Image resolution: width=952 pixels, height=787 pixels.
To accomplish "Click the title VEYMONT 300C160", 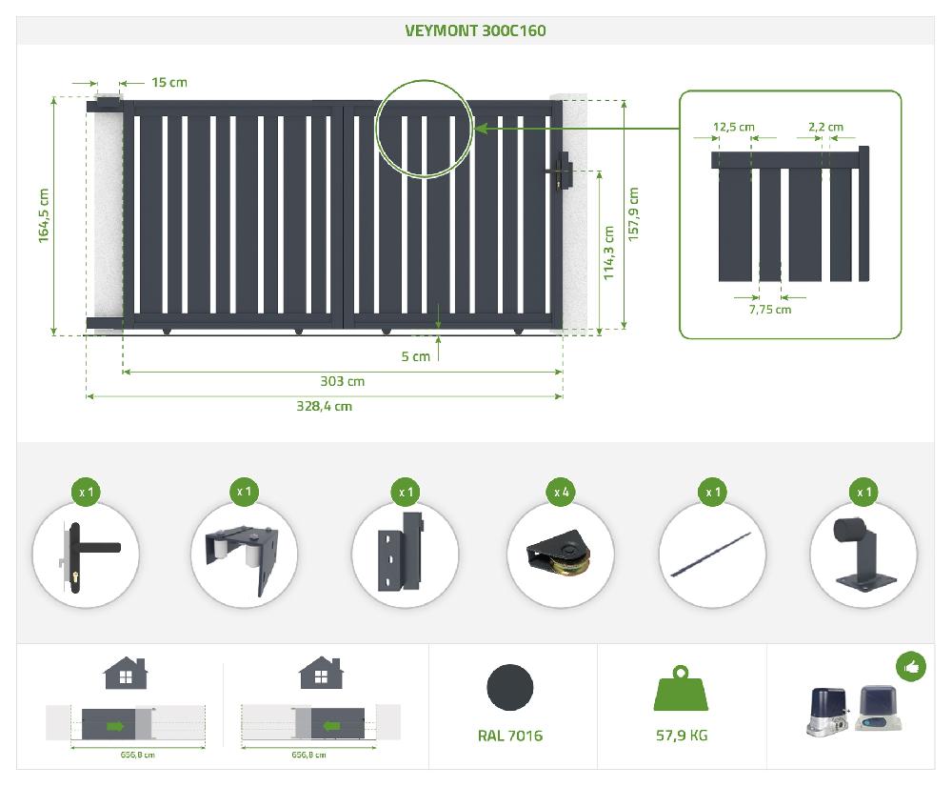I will (x=475, y=30).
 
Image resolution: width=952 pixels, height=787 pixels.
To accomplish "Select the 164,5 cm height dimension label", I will (x=44, y=215).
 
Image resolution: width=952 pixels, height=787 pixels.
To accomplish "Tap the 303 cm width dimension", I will (x=342, y=381).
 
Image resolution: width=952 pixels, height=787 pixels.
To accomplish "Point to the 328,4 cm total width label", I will (x=324, y=406).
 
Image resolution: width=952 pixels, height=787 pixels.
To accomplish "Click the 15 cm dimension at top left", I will (x=169, y=82).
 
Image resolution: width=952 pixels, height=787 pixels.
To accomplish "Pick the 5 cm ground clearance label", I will (x=415, y=356).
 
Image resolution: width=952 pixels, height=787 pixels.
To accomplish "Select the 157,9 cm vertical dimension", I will (x=634, y=214).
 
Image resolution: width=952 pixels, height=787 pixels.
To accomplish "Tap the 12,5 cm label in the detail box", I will (x=733, y=127).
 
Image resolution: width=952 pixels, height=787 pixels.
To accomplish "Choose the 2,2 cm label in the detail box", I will (x=824, y=127).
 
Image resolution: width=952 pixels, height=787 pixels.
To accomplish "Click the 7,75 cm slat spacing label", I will (x=770, y=310).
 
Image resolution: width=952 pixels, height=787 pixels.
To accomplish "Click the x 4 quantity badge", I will (x=562, y=493).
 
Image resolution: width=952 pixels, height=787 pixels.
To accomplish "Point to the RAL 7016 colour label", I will (x=510, y=736).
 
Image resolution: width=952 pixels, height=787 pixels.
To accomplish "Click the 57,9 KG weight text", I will (x=681, y=736).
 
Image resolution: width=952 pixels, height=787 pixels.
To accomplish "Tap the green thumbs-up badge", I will (x=911, y=667).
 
